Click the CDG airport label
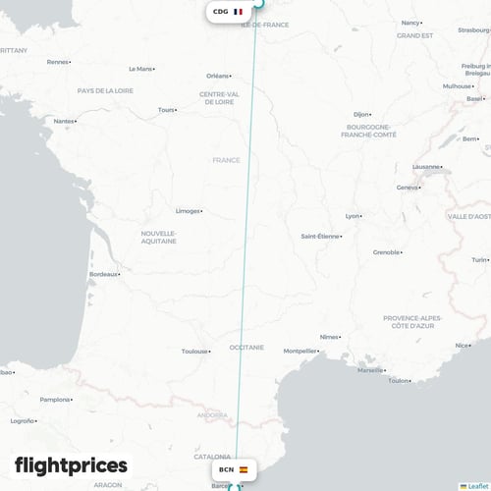[221, 12]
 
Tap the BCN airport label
[227, 469]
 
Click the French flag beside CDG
[239, 12]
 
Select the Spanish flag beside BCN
[244, 469]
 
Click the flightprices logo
[71, 464]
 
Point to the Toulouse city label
[194, 351]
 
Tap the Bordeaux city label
[102, 274]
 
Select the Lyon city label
[353, 216]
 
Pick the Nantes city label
[64, 122]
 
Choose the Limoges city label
[186, 210]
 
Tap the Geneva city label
[408, 188]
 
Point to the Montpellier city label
[300, 351]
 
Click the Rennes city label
[57, 62]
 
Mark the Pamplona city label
[55, 400]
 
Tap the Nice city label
[462, 345]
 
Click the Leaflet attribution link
[476, 486]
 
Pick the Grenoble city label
[386, 252]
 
